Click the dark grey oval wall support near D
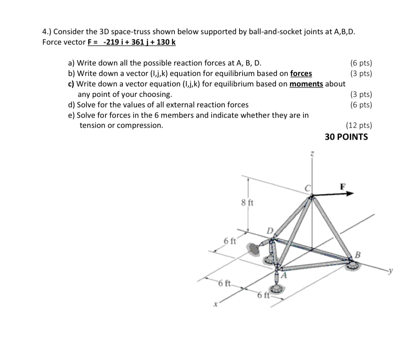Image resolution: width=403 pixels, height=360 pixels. [254, 250]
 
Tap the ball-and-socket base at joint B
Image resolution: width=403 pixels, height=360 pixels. [353, 265]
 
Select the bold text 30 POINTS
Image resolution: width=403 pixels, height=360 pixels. [346, 137]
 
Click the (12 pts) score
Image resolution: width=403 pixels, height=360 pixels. [358, 125]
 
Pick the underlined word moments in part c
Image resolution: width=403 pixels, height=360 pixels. [306, 84]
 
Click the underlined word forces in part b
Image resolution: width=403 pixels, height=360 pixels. [301, 74]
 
